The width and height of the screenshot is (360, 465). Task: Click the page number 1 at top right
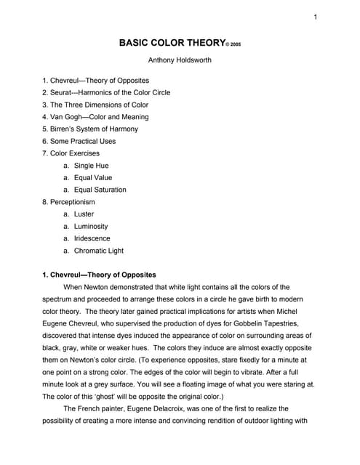click(316, 17)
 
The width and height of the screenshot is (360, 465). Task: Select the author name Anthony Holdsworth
click(180, 60)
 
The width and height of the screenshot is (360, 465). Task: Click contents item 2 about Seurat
click(106, 92)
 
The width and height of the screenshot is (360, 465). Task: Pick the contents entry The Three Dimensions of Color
click(95, 105)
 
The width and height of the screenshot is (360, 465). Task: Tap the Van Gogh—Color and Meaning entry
click(95, 117)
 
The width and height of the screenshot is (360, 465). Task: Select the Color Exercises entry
click(71, 153)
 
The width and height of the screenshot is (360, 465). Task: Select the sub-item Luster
click(84, 214)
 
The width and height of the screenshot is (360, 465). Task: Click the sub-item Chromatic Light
click(99, 251)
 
